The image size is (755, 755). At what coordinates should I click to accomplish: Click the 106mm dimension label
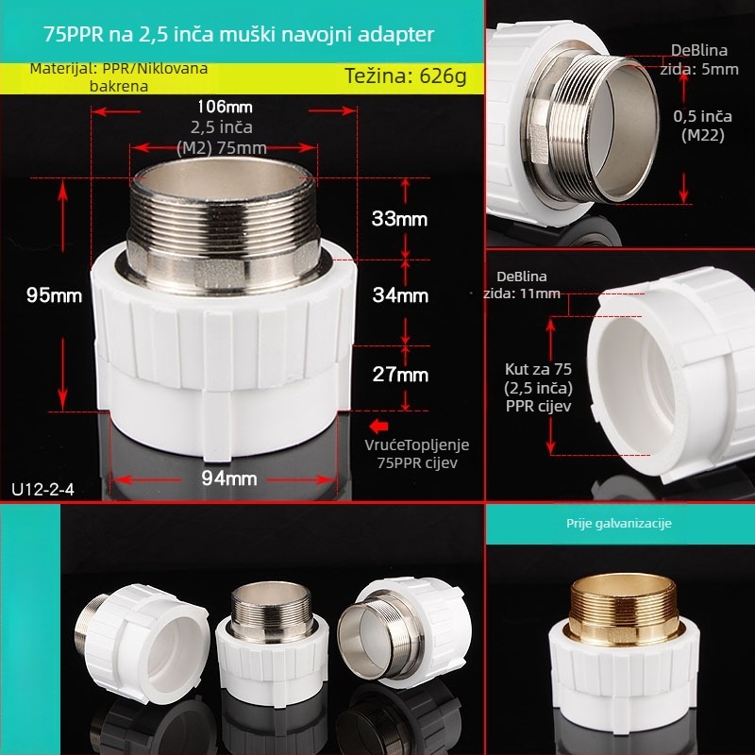tap(225, 107)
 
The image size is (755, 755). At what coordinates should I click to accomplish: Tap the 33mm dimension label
tap(399, 219)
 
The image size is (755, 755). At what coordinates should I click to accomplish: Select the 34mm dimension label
tap(400, 295)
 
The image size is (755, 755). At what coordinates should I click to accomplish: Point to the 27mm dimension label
tap(400, 375)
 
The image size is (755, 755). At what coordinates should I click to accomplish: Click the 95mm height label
tap(54, 295)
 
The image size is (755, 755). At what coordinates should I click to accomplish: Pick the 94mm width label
tap(229, 478)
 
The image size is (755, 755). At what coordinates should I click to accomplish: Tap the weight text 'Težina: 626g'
tap(406, 76)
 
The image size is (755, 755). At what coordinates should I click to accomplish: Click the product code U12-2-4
tap(42, 490)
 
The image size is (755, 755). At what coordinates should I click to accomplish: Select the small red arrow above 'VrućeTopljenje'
tap(379, 427)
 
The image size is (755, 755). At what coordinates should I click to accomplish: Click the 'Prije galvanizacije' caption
tap(619, 524)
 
